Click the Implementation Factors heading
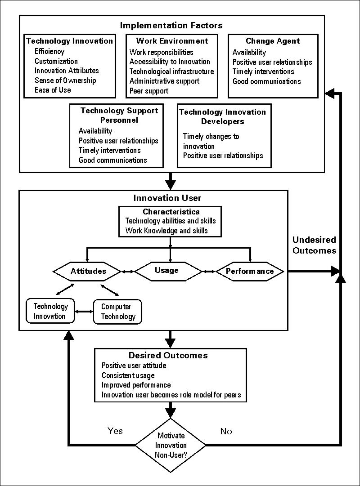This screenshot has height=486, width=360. tap(171, 25)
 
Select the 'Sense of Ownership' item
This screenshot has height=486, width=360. tap(65, 80)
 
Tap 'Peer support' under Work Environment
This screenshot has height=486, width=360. tap(149, 91)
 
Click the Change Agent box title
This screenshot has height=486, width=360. tap(273, 41)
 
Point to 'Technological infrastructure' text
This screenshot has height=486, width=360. tap(171, 71)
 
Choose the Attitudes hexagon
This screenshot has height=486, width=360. tap(88, 271)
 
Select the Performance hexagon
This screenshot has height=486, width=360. tap(250, 271)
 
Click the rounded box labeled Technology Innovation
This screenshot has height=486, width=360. tap(50, 311)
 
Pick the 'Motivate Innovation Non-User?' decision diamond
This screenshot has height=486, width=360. tap(171, 445)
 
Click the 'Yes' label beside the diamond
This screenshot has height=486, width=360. tap(115, 431)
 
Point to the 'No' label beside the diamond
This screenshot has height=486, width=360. tap(226, 432)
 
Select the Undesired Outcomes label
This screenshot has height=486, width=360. tap(314, 245)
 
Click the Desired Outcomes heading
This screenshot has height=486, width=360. tap(168, 356)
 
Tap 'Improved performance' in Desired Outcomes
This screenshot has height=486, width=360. tap(136, 385)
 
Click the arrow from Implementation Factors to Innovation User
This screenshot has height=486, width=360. tap(171, 182)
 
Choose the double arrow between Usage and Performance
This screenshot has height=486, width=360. tap(209, 271)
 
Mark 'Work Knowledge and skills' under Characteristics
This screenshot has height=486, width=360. tap(166, 231)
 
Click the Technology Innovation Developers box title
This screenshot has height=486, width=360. tap(223, 116)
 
